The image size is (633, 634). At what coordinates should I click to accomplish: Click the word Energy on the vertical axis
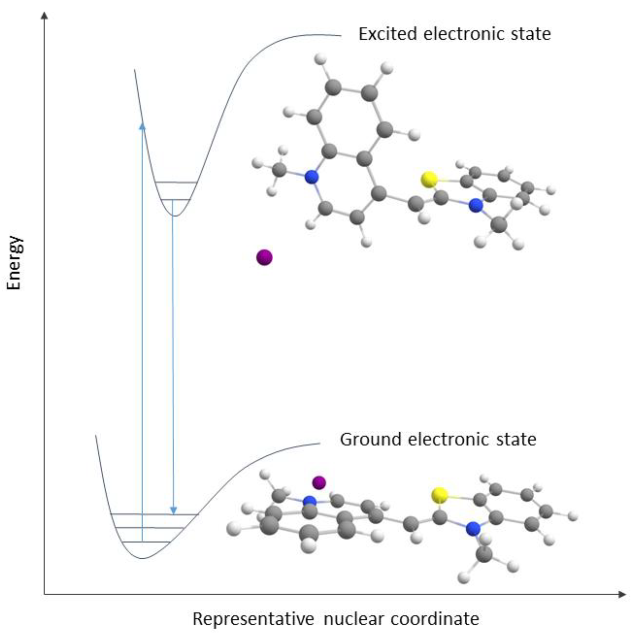15,263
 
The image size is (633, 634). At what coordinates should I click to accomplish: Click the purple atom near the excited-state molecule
264,257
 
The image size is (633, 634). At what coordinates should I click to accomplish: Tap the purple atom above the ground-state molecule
319,482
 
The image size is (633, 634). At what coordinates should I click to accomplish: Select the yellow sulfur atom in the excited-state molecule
429,179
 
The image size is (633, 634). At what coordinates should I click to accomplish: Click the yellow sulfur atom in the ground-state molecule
439,495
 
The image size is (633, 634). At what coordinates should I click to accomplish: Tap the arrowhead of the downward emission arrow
173,511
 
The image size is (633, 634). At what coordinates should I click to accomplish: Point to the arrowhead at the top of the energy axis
45,15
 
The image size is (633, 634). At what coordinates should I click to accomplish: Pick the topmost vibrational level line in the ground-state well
154,514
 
